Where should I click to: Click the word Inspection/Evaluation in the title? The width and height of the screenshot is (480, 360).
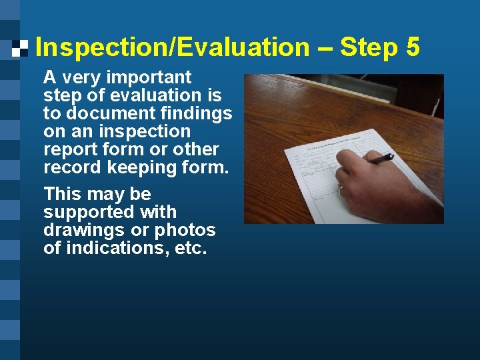pyautogui.click(x=172, y=47)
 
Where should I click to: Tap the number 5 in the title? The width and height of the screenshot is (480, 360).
pyautogui.click(x=411, y=47)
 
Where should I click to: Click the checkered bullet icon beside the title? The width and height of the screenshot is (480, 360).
pyautogui.click(x=20, y=47)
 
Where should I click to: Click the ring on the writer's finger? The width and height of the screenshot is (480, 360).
pyautogui.click(x=341, y=189)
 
